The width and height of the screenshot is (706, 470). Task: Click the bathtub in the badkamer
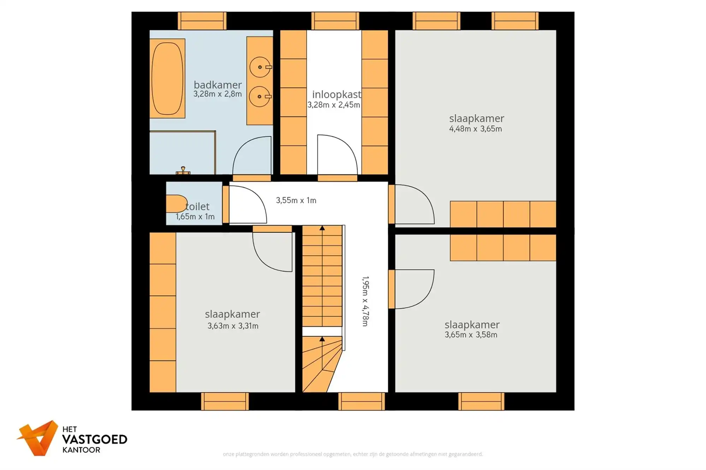click(x=167, y=78)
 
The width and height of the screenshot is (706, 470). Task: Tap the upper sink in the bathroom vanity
click(x=260, y=67)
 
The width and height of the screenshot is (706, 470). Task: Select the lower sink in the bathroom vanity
click(x=260, y=96)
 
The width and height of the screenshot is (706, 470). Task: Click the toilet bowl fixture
click(x=176, y=204)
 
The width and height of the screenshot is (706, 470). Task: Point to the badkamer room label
click(x=217, y=85)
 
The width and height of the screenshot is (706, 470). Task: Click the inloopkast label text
click(x=336, y=94)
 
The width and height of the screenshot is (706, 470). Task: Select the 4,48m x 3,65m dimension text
click(x=475, y=129)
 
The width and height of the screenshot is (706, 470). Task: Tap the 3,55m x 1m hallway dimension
click(x=296, y=200)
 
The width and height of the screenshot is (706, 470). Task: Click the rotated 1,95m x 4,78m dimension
click(x=365, y=301)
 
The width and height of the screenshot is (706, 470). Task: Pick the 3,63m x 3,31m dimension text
click(x=233, y=326)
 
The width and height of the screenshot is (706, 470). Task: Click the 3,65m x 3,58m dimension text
click(x=471, y=335)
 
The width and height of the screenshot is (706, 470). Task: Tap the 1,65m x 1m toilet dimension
click(x=195, y=217)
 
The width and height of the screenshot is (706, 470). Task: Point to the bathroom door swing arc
click(x=251, y=155)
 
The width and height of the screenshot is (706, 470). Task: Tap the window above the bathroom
click(x=202, y=21)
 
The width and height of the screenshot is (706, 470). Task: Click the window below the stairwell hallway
click(x=361, y=401)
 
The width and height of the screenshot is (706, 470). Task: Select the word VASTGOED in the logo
click(x=95, y=439)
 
